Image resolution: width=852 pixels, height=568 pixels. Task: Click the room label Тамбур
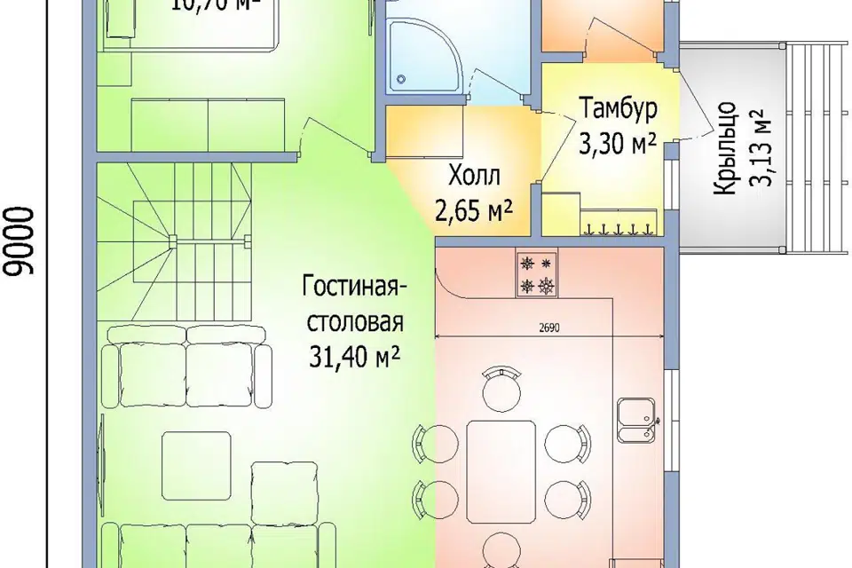(x=619, y=110)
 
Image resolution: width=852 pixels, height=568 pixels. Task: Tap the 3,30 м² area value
(x=619, y=142)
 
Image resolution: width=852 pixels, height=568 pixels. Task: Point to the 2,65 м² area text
(x=476, y=210)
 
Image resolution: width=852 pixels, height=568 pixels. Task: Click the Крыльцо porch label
(x=726, y=178)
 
